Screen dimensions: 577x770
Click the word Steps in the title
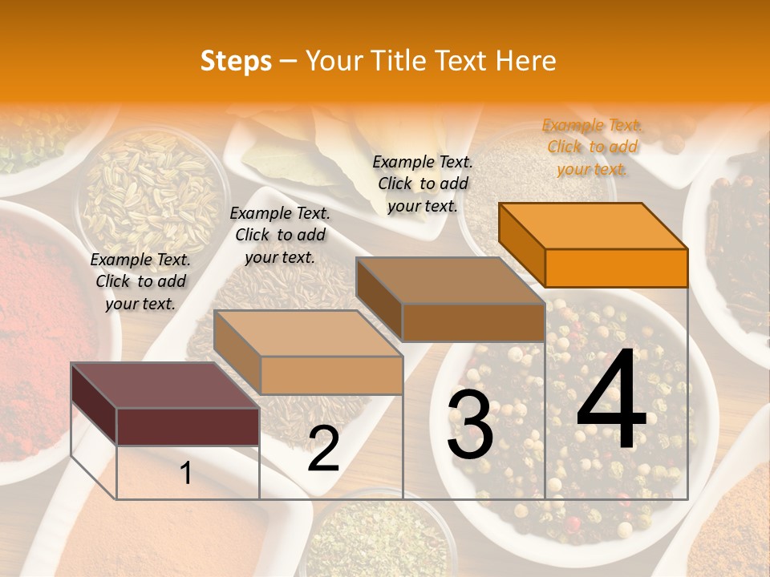coord(236,61)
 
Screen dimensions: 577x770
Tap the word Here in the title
coord(525,61)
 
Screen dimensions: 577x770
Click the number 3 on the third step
coord(470,425)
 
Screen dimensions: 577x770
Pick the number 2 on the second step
coord(323,450)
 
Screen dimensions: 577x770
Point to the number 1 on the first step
coord(186,473)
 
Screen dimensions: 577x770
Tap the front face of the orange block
coord(616,268)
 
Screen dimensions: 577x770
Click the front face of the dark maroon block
coord(188,426)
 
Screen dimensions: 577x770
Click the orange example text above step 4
coord(592,147)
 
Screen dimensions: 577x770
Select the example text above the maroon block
coord(140,281)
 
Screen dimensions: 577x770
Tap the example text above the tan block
coord(280,235)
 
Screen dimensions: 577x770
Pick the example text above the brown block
coord(423,184)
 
